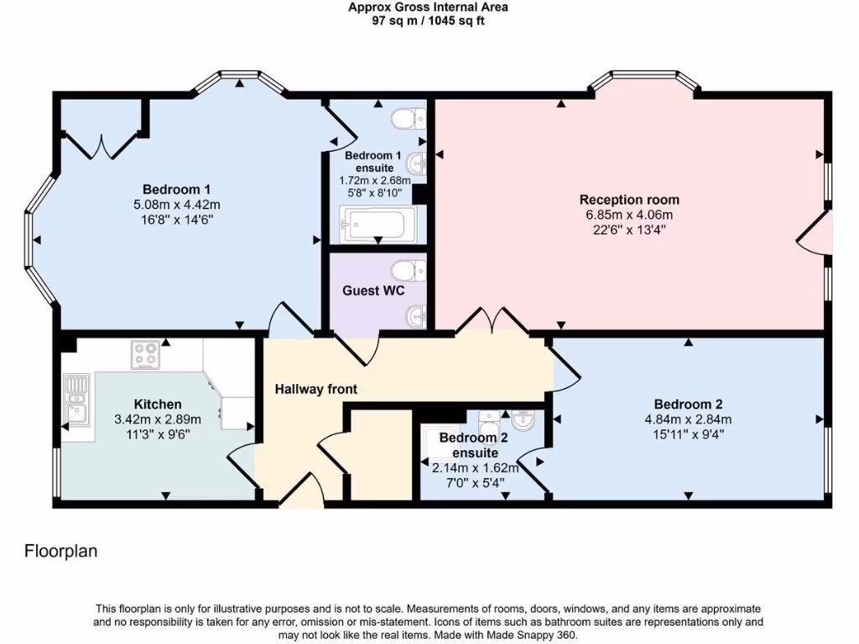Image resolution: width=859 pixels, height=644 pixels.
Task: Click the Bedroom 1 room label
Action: [x=176, y=190]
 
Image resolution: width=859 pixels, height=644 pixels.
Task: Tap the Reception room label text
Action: [x=629, y=200]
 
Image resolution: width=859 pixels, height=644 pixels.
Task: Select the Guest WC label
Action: [x=373, y=290]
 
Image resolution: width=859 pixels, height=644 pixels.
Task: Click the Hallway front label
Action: [x=316, y=389]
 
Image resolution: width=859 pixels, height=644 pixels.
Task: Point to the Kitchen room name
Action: [x=158, y=404]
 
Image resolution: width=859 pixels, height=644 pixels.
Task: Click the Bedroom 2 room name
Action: [x=688, y=404]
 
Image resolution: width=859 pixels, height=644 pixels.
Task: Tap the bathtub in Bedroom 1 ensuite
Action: [x=377, y=223]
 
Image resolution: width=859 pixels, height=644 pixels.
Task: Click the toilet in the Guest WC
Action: [x=409, y=270]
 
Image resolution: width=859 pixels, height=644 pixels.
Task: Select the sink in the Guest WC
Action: [x=416, y=316]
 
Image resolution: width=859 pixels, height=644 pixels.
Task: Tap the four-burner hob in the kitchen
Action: [x=146, y=355]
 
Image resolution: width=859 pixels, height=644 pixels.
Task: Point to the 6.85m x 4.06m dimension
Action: [x=629, y=215]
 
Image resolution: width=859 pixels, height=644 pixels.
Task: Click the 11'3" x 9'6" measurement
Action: [x=158, y=434]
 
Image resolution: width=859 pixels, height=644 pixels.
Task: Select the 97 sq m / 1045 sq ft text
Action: [x=428, y=21]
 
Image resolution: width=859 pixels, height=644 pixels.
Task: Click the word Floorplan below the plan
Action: [x=60, y=551]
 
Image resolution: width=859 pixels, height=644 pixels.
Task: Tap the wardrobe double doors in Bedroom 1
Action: [x=102, y=144]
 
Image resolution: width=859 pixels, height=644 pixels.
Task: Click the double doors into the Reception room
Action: [x=492, y=321]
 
